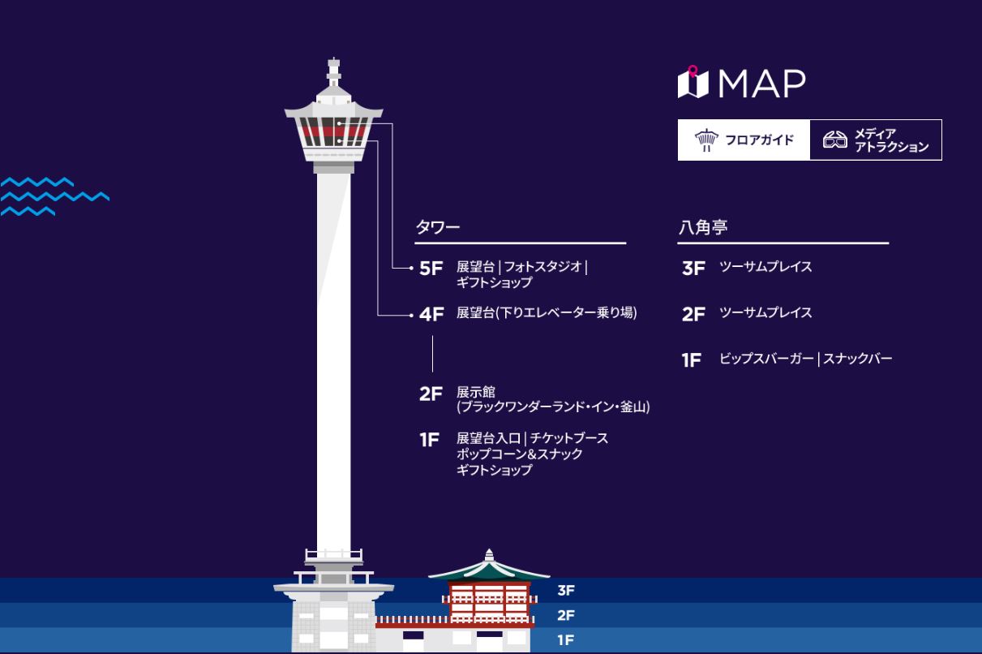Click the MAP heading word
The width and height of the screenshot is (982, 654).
click(x=762, y=84)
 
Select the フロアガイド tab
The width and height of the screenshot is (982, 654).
click(x=744, y=140)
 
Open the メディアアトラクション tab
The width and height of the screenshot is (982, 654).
click(x=876, y=140)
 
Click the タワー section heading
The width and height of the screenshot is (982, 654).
click(x=438, y=227)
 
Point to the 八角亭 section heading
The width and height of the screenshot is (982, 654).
click(x=703, y=227)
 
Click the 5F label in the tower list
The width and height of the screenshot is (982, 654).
click(x=431, y=269)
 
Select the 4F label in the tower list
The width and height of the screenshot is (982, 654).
click(x=431, y=315)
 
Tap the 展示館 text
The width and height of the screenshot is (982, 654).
click(x=476, y=392)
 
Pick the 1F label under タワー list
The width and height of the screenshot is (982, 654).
click(x=429, y=440)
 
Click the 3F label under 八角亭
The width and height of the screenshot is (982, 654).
click(x=693, y=269)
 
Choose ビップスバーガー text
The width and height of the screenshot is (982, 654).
click(x=766, y=359)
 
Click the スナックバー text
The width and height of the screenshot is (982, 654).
click(x=857, y=359)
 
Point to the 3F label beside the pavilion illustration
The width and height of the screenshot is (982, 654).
click(x=565, y=591)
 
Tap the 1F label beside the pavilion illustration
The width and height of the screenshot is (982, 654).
click(x=565, y=640)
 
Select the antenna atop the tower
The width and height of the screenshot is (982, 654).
click(x=333, y=72)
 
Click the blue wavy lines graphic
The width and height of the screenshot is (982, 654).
click(x=54, y=196)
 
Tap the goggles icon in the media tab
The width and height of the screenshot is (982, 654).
click(x=834, y=140)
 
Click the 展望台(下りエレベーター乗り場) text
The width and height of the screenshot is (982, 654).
click(x=547, y=312)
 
